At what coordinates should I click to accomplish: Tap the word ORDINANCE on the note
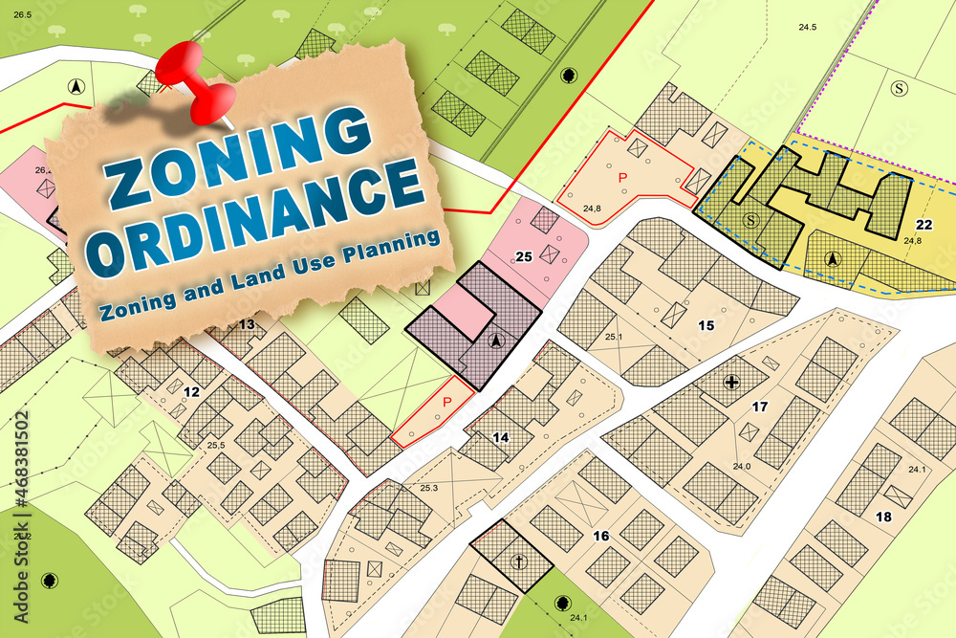(x=260, y=217)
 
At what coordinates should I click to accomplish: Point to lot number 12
(x=190, y=391)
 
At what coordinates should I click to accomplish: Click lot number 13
(x=247, y=324)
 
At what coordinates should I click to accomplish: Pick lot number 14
(x=500, y=437)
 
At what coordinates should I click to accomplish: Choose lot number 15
(x=706, y=325)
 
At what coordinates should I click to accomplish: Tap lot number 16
(x=600, y=536)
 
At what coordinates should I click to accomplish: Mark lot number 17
(x=759, y=407)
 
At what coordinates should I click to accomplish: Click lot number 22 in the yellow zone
(x=923, y=225)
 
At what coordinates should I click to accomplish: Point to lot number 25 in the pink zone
(x=523, y=256)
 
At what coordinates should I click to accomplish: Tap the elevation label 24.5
(x=808, y=27)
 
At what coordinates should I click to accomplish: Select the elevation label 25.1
(x=613, y=337)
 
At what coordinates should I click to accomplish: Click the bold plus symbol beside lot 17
(x=732, y=383)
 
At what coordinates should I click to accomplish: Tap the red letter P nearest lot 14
(x=445, y=403)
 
